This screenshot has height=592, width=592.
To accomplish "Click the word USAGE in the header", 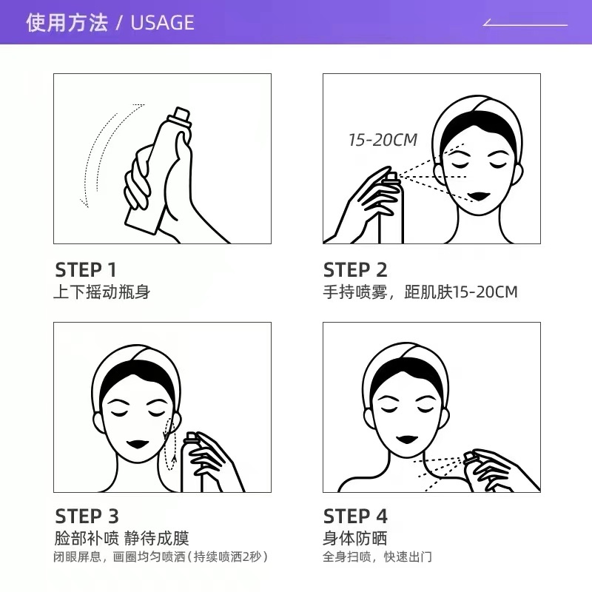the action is [x=162, y=23].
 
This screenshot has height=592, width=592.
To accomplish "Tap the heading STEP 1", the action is [x=85, y=270].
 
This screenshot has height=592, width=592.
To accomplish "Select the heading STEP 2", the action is [x=355, y=270].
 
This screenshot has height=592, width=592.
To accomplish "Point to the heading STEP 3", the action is [x=87, y=516].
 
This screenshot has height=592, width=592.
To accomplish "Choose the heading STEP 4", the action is [x=355, y=516].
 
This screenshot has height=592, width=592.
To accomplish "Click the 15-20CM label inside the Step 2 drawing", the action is [x=383, y=140].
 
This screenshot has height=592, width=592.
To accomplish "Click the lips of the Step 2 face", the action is [x=479, y=196].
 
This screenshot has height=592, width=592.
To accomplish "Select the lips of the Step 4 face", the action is [x=408, y=439].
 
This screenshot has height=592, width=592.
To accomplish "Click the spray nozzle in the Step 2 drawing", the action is [x=391, y=177].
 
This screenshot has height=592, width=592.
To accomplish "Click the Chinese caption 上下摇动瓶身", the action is [x=102, y=292].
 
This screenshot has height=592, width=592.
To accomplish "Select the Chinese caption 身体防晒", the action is [x=355, y=538].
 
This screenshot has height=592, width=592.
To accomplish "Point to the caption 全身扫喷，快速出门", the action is [x=377, y=557].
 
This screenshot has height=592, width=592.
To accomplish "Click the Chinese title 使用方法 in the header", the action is [x=67, y=23].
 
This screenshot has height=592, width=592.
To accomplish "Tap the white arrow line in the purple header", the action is [x=525, y=25].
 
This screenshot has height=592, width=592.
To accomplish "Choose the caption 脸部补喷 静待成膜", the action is [x=121, y=538].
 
